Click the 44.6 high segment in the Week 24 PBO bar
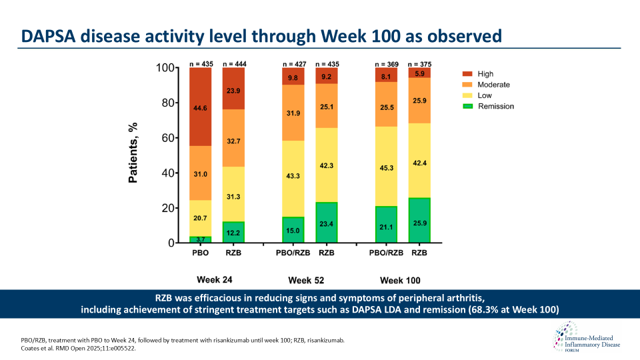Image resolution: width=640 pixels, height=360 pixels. [200, 107]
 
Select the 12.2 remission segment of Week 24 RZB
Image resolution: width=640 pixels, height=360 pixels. [233, 231]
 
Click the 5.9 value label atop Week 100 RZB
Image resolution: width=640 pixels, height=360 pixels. [419, 73]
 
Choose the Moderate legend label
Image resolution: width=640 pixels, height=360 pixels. [494, 85]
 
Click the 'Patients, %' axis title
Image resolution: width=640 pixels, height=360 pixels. [133, 153]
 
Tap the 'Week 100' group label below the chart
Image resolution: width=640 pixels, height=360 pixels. [400, 280]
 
